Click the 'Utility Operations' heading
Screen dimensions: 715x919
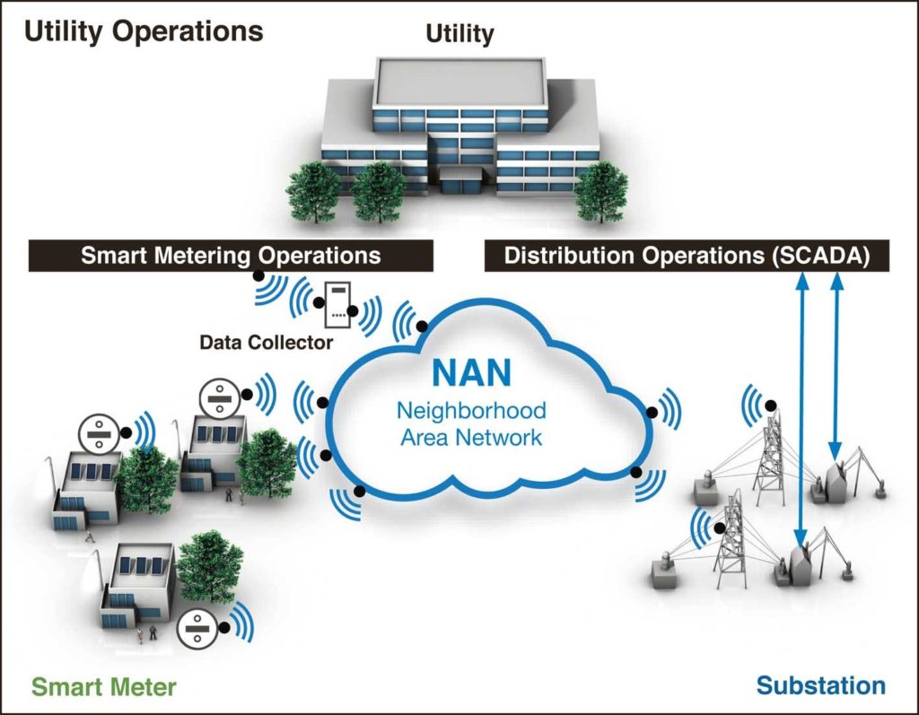tap(144, 31)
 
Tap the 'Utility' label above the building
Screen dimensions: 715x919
tap(459, 35)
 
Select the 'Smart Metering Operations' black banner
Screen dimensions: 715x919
tap(231, 255)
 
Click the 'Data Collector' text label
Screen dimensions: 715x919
tap(267, 343)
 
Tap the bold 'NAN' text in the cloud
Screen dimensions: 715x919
tap(472, 373)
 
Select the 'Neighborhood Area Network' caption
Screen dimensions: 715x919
tap(472, 424)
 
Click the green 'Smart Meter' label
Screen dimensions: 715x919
tap(104, 688)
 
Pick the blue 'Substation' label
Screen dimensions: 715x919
tap(820, 686)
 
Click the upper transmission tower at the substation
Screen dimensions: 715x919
tap(768, 458)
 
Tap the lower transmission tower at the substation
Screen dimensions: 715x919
tap(731, 538)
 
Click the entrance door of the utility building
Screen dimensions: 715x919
tap(459, 184)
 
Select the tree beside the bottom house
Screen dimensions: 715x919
tap(208, 565)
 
